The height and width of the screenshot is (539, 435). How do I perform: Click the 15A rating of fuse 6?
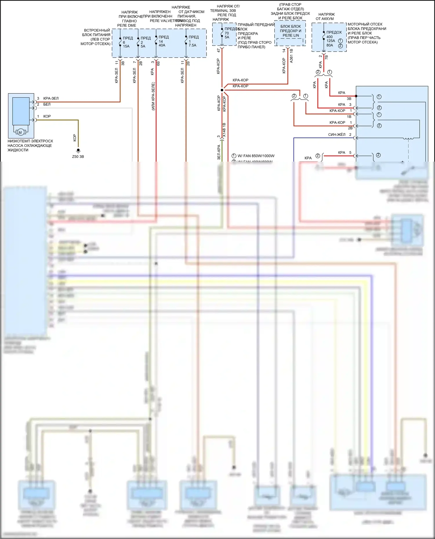point(126,46)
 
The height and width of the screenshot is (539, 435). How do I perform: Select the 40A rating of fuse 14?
point(162,45)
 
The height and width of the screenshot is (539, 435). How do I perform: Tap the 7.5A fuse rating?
point(192,45)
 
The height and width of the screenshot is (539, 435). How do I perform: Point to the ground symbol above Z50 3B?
point(78,151)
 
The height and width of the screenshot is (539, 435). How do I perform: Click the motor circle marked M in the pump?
point(20,132)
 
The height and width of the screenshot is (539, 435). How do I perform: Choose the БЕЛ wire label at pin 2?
point(47,105)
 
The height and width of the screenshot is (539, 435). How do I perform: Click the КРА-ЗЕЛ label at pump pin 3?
point(51,98)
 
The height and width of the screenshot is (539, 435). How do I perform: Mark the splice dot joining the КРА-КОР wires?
point(222,90)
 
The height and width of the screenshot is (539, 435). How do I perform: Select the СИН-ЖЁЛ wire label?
point(337,135)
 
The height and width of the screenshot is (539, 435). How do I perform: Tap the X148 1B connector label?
point(224,130)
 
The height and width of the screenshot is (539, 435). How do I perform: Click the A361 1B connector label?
point(291,56)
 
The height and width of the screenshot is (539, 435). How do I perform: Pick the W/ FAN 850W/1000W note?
point(256,156)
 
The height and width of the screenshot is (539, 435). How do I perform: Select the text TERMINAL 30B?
point(223,11)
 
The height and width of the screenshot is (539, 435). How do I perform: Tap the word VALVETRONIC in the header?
point(171,21)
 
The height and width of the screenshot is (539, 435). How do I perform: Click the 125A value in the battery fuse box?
point(331,41)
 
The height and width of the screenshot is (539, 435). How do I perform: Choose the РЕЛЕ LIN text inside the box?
point(291,35)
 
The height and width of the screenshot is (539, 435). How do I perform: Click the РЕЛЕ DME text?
point(126,25)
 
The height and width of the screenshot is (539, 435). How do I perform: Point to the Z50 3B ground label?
point(78,157)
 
